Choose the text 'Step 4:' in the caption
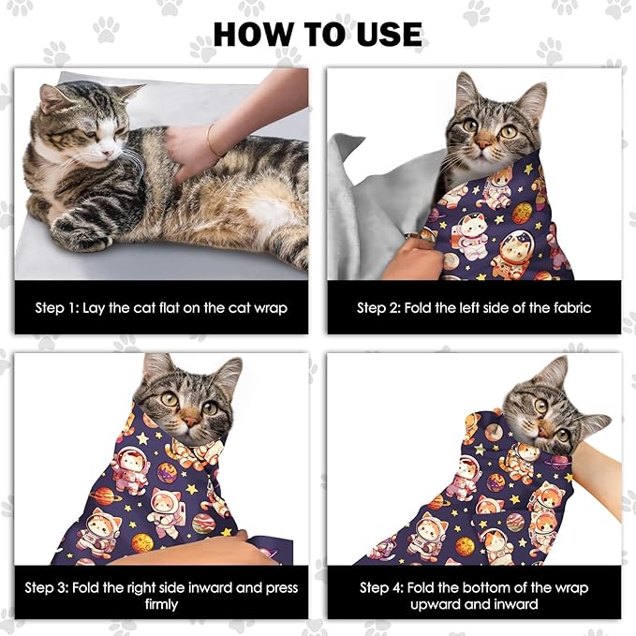click(x=382, y=587)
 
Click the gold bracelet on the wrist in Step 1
click(x=212, y=140)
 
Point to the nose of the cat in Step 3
click(x=190, y=422)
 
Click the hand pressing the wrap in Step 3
click(x=187, y=548)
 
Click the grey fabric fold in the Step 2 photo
click(x=375, y=215)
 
